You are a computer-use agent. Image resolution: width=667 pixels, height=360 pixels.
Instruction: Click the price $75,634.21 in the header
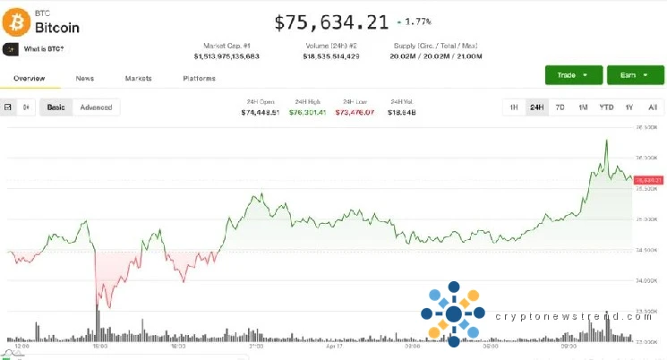(331, 21)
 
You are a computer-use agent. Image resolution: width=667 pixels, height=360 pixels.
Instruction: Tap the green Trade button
(572, 75)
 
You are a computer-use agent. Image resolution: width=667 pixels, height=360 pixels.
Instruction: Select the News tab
(85, 79)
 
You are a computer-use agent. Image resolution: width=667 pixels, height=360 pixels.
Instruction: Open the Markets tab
(138, 79)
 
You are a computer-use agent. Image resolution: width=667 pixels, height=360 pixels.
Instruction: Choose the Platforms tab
(199, 79)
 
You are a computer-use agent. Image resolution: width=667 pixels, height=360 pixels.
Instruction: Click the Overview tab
(30, 79)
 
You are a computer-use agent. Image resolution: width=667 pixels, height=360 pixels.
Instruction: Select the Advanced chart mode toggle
(96, 107)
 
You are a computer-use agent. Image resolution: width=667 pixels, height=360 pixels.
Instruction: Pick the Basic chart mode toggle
(56, 107)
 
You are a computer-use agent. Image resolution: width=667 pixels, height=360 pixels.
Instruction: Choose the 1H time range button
(514, 107)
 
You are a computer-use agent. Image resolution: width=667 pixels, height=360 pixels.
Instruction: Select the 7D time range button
(560, 107)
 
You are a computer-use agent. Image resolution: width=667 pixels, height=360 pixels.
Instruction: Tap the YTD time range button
(606, 107)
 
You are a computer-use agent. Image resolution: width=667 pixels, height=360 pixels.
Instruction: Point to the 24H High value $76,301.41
(308, 113)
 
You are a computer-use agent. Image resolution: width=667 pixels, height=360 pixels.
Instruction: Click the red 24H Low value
(354, 113)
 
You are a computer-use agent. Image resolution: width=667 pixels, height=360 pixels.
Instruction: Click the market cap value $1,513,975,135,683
(227, 56)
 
